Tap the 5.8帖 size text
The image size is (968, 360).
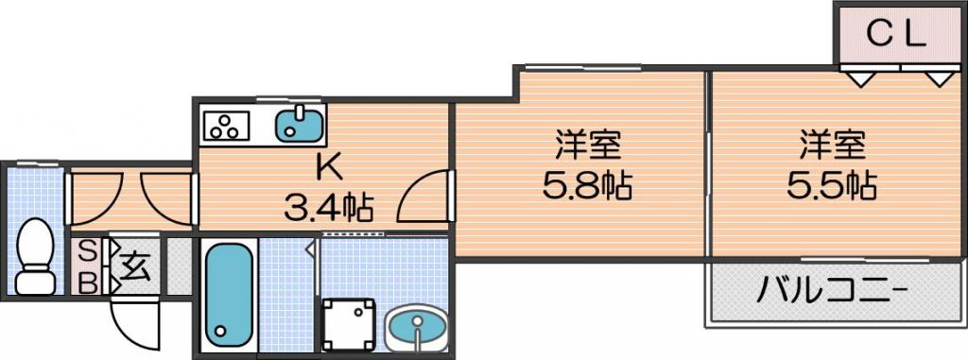[587, 185]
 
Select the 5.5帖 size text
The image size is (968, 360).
[832, 184]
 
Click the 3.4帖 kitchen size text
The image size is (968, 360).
[328, 208]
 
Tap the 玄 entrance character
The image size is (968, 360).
[135, 266]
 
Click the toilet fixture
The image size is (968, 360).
[36, 256]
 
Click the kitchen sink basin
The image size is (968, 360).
[300, 124]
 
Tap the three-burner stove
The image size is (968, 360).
[225, 126]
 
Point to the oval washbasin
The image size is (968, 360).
[415, 330]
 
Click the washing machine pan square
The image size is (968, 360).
[350, 323]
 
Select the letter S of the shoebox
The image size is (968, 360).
[90, 252]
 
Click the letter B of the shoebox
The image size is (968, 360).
[90, 283]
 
